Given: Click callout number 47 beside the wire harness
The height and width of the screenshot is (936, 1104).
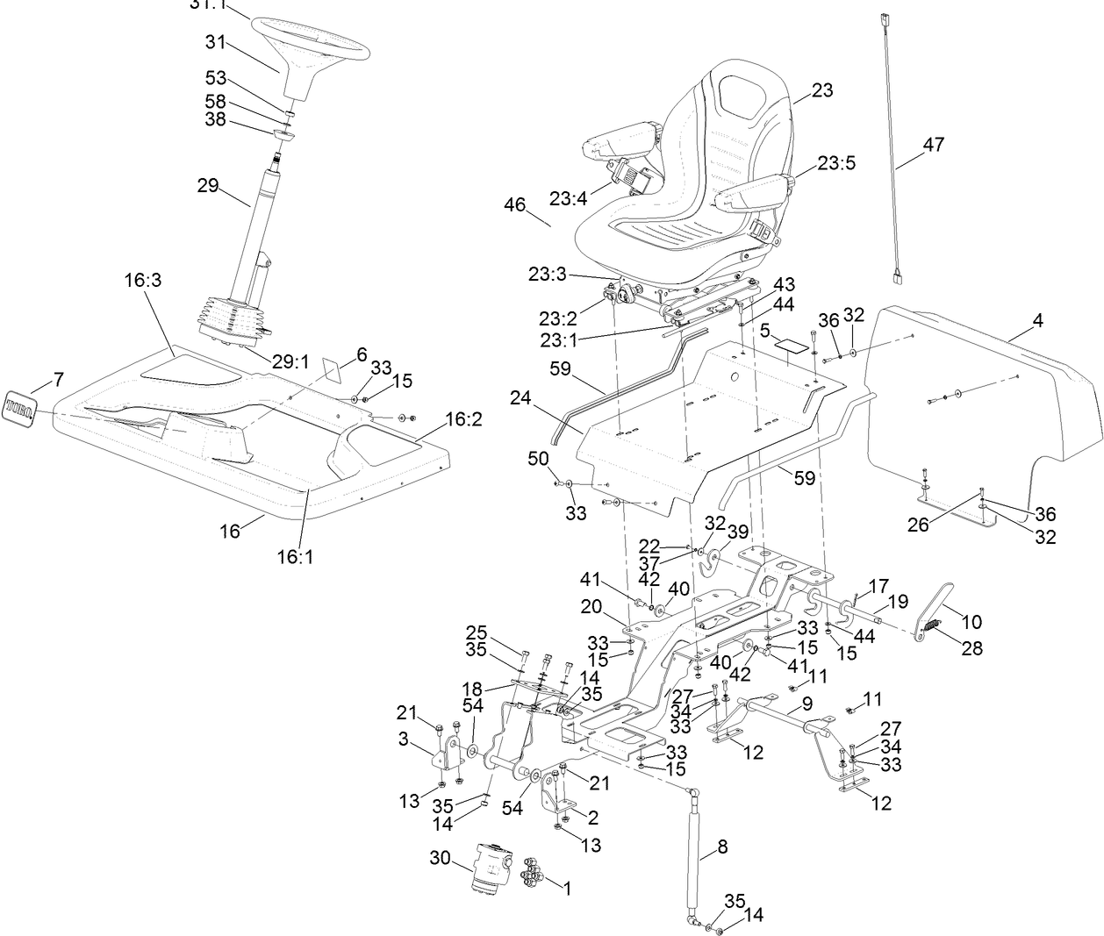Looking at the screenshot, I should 933,144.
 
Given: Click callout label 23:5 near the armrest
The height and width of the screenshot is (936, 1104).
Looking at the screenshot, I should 836,163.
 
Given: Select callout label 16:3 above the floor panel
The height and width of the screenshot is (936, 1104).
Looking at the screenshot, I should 142,280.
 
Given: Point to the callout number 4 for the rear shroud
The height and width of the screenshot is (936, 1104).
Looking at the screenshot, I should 1038,321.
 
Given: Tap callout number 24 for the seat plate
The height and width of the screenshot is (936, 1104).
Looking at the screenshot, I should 522,399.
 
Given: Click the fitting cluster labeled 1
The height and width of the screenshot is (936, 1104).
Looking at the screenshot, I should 531,873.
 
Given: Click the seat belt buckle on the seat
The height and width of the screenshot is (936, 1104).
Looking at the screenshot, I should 763,233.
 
